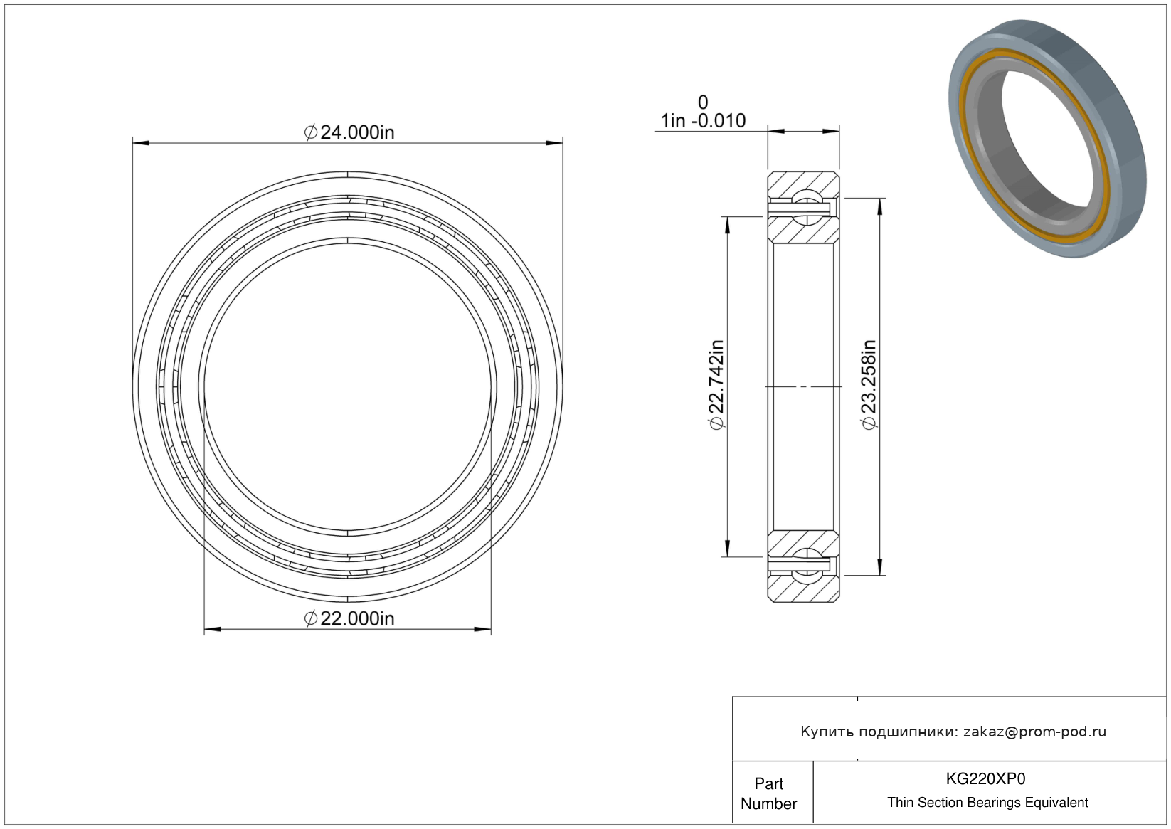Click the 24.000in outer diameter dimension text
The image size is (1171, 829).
point(349,132)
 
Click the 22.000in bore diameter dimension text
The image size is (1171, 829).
point(349,619)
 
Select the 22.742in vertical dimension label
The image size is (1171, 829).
point(716,384)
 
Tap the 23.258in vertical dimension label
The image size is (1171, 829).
point(869,384)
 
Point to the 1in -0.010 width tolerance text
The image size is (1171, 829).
point(703,121)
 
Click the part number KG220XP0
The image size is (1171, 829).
point(985,778)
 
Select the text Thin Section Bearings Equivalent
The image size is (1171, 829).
point(987,803)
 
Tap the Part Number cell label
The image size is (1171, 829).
point(768,793)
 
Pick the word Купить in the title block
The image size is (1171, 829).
point(827,732)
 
